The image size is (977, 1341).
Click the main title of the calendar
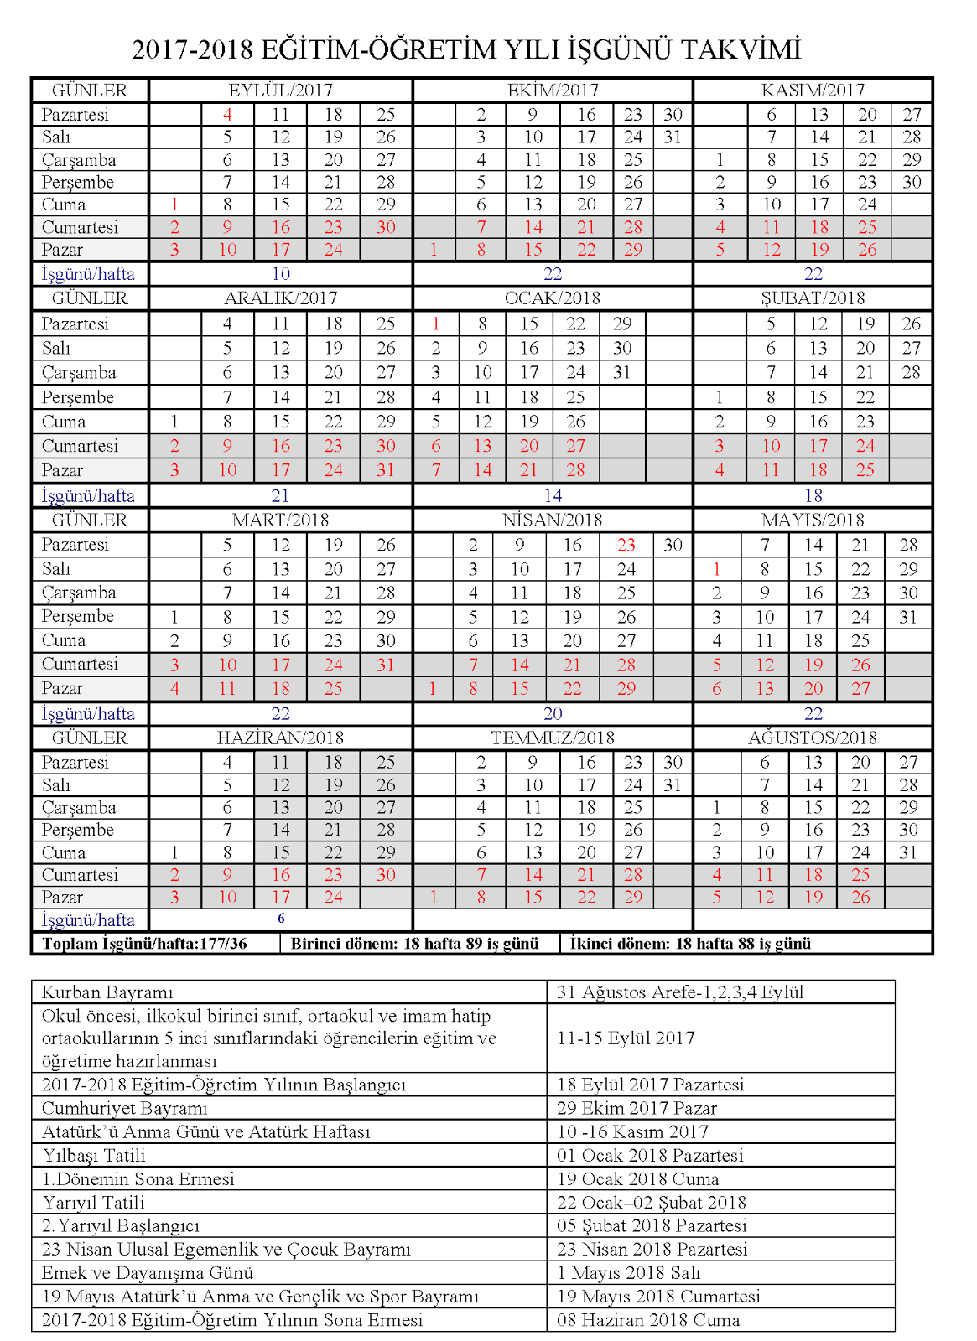click(x=466, y=49)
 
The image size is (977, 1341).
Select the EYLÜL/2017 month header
click(x=280, y=91)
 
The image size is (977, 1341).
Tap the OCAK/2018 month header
click(x=552, y=298)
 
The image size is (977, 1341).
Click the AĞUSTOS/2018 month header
click(x=812, y=738)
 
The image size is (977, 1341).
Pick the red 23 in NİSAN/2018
click(x=626, y=545)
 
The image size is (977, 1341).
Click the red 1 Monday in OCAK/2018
click(x=435, y=324)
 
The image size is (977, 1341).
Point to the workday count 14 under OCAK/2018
click(x=552, y=495)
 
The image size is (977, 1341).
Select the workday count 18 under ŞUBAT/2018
click(x=813, y=495)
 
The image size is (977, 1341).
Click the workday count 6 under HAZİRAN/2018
click(x=281, y=919)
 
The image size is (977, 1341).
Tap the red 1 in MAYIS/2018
click(x=716, y=569)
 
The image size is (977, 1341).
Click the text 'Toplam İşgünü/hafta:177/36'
click(x=144, y=944)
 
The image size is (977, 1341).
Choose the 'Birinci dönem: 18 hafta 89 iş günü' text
click(x=414, y=944)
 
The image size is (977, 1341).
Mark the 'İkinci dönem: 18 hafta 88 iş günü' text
click(x=690, y=944)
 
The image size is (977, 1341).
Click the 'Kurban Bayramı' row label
click(x=107, y=992)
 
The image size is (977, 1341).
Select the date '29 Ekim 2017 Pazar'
click(x=637, y=1108)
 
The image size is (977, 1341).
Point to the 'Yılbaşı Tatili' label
click(x=93, y=1155)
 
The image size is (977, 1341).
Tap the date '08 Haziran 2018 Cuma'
click(x=648, y=1320)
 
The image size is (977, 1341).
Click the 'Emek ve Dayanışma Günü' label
click(x=148, y=1273)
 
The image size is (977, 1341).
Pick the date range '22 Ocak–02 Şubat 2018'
click(x=651, y=1203)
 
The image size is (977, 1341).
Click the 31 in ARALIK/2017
click(x=385, y=470)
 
